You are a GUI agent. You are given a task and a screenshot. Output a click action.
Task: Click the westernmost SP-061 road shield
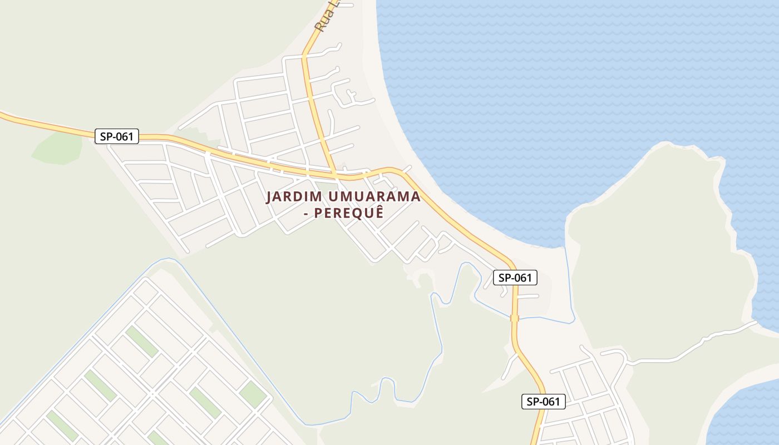point(116,136)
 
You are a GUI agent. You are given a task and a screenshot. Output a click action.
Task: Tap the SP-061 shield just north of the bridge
point(515,277)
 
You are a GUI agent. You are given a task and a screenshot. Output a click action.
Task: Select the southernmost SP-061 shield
point(543,402)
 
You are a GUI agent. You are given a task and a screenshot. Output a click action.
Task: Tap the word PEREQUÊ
point(349,213)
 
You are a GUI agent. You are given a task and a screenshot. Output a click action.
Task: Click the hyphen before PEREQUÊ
point(306,214)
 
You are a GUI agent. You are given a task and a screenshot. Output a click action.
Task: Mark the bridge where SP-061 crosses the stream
point(514,318)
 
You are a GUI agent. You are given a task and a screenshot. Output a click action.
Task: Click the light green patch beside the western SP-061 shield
point(58,149)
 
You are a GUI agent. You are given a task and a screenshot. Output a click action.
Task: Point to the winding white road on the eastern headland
point(690,345)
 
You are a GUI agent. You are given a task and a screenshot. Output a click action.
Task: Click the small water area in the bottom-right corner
point(746,417)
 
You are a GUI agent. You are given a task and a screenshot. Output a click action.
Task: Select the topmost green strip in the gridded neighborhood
point(141,341)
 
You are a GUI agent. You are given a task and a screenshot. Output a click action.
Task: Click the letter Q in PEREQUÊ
point(361,214)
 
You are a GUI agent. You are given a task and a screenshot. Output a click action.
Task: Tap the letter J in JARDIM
point(269,197)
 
